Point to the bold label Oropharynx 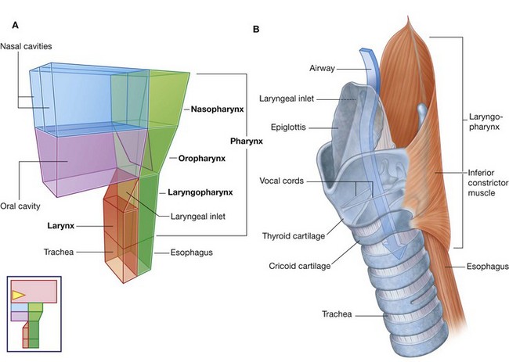pos(203,158)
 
